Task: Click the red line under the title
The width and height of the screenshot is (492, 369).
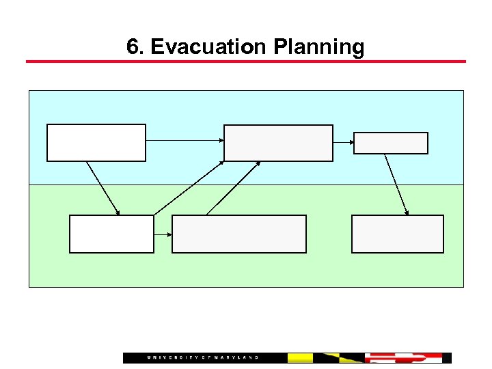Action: [x=246, y=61]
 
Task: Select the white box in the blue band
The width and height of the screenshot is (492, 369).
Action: [x=96, y=142]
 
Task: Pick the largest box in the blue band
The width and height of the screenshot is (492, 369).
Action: [x=278, y=143]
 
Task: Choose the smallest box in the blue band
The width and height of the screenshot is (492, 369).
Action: [x=391, y=143]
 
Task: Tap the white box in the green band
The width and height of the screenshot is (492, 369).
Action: [x=111, y=234]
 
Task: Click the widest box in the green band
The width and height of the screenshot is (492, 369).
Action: [x=238, y=234]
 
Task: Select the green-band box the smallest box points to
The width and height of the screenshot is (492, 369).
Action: [x=397, y=234]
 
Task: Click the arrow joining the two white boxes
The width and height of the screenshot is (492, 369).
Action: [x=103, y=188]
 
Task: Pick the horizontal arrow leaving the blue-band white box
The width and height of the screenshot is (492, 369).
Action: [x=184, y=140]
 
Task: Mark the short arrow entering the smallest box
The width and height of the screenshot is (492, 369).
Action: [x=343, y=142]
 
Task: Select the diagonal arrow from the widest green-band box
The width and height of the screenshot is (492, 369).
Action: [x=232, y=189]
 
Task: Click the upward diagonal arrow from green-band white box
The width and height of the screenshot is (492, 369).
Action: [x=189, y=188]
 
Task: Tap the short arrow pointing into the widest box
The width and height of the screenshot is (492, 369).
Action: [x=163, y=234]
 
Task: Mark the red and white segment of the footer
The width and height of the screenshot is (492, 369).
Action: [x=403, y=358]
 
